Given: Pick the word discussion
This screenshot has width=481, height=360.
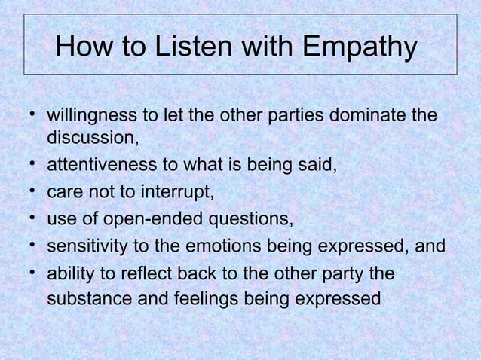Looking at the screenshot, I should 93,138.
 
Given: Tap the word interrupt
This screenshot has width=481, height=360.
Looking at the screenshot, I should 179,192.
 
